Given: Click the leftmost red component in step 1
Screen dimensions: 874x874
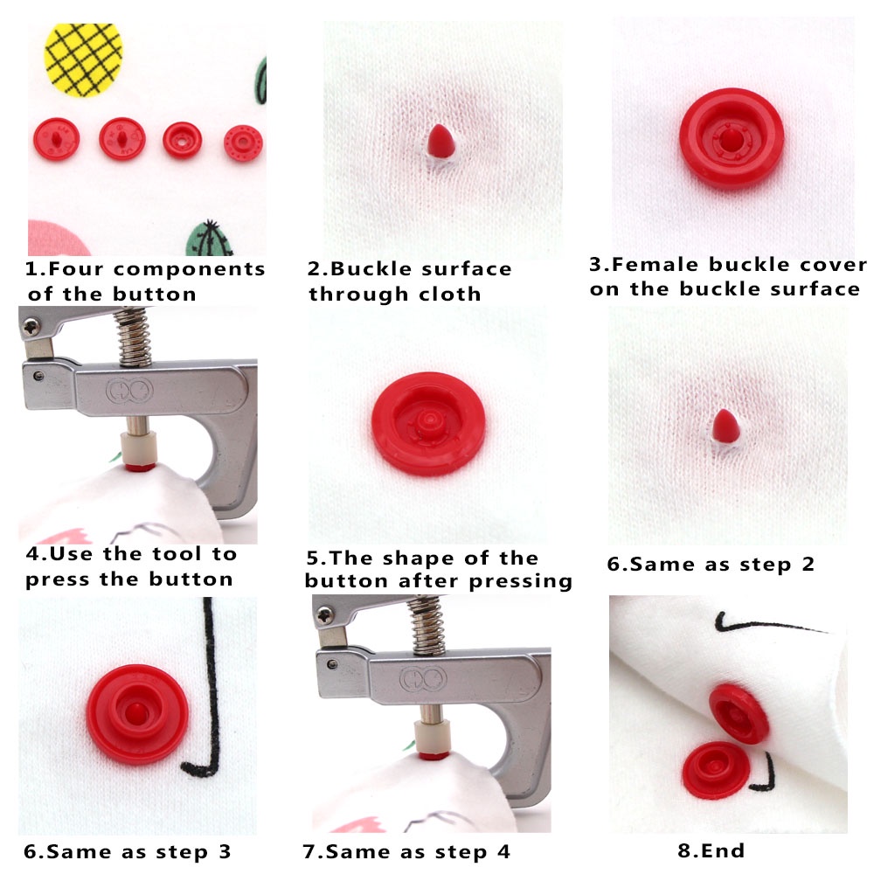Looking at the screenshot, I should pos(56,138).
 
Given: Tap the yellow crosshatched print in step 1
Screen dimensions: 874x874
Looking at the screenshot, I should pos(83,58).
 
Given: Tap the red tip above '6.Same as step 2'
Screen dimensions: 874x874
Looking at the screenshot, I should pos(725,425).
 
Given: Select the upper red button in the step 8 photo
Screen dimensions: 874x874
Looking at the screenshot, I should pos(739,712).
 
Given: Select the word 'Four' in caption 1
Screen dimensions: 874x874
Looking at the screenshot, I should pos(73,269).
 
